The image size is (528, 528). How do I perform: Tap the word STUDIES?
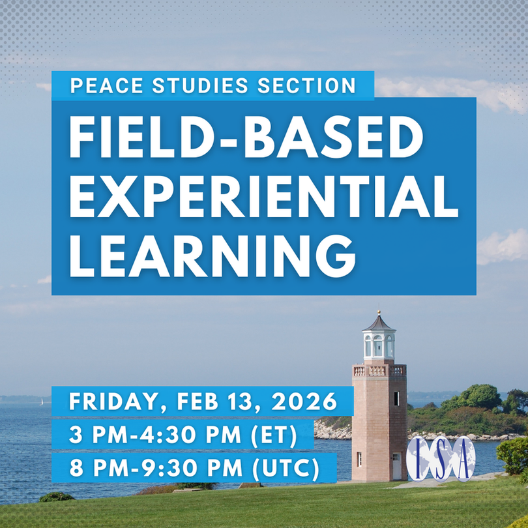click(x=200, y=85)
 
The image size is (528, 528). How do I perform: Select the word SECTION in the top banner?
click(x=306, y=85)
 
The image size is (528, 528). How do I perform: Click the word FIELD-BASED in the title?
click(x=246, y=137)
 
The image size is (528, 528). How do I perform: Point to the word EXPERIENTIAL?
click(x=264, y=197)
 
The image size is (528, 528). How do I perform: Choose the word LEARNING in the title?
click(x=213, y=256)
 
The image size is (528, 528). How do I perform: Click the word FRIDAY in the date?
click(x=114, y=402)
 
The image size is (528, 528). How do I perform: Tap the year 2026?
click(x=304, y=402)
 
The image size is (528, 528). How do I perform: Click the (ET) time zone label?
click(x=274, y=435)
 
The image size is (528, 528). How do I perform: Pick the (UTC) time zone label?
click(x=286, y=469)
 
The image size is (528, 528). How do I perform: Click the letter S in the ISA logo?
click(x=441, y=460)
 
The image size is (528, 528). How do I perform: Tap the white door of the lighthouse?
click(x=397, y=466)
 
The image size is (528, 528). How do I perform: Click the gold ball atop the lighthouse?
click(x=379, y=312)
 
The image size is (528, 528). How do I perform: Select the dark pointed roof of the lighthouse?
click(x=379, y=323)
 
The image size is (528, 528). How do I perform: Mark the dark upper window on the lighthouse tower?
click(x=397, y=399)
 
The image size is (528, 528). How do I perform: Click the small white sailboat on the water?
click(x=42, y=402)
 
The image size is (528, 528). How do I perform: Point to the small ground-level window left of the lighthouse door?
click(x=359, y=460)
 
